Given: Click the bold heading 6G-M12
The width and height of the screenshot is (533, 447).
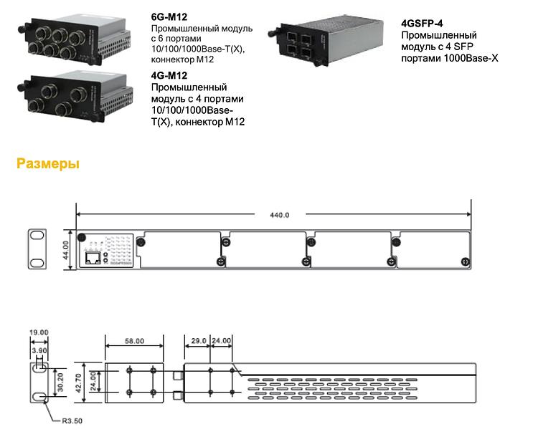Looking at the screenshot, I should [169, 16].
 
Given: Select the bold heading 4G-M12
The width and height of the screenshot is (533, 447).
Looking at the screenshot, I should [169, 75].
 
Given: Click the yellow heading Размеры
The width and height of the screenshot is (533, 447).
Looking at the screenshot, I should [48, 164].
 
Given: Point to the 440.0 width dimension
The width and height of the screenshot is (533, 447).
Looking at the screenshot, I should [278, 214].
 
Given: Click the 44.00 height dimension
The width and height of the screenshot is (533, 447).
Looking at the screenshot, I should [65, 249].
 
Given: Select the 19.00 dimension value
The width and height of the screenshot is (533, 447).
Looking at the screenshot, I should [39, 332].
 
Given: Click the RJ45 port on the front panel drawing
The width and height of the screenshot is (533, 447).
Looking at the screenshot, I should [93, 257].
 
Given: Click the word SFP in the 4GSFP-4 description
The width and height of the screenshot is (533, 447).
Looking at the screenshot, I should [473, 47].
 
